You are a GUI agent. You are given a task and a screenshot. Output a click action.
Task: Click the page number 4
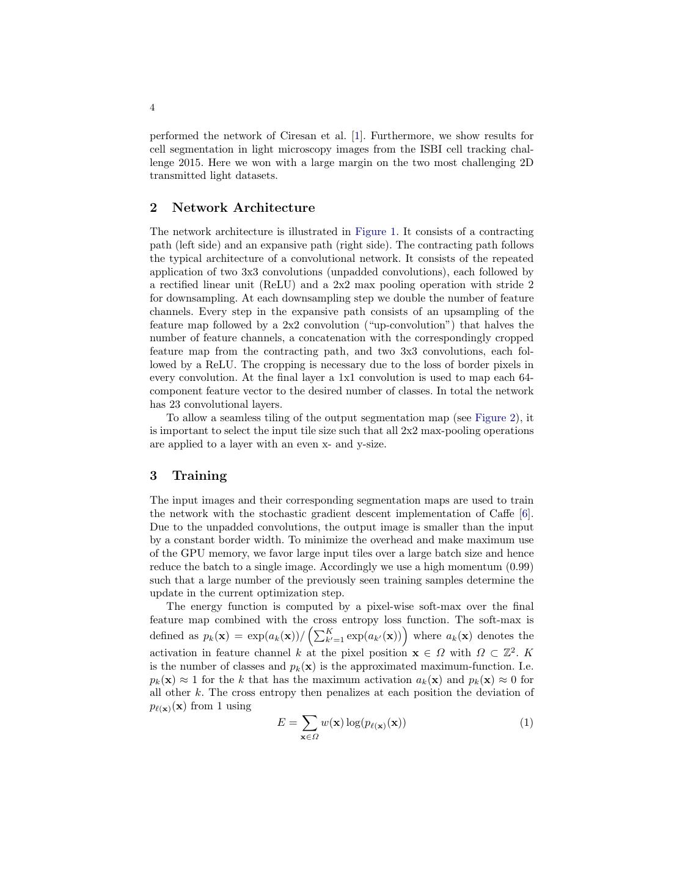[x=152, y=108]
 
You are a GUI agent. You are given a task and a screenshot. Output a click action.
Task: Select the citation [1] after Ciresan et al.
[x=357, y=136]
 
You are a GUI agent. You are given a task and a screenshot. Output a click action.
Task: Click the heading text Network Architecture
[x=243, y=208]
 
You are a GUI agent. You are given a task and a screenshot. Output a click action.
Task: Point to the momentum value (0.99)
[x=518, y=567]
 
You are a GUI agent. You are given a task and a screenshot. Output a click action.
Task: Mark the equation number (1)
[x=526, y=723]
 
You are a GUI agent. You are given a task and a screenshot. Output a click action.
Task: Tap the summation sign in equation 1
[x=309, y=723]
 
